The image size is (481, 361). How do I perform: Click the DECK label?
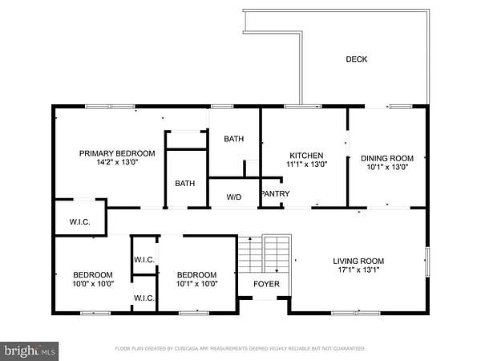pyautogui.click(x=357, y=59)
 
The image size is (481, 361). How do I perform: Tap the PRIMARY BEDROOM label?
pyautogui.click(x=117, y=153)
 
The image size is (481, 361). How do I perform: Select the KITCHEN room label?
pyautogui.click(x=306, y=156)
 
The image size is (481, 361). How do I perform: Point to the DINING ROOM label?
pyautogui.click(x=387, y=158)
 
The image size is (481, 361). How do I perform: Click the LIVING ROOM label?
pyautogui.click(x=358, y=262)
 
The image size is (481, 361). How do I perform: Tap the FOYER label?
pyautogui.click(x=267, y=284)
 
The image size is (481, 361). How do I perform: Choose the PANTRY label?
pyautogui.click(x=276, y=193)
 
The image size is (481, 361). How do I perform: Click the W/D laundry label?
pyautogui.click(x=234, y=197)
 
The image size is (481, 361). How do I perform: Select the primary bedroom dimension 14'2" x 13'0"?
pyautogui.click(x=117, y=162)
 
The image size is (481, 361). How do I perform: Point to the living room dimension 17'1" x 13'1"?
pyautogui.click(x=358, y=270)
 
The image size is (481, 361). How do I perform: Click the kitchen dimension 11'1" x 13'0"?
pyautogui.click(x=307, y=164)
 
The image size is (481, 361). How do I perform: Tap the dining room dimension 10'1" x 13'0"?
pyautogui.click(x=387, y=167)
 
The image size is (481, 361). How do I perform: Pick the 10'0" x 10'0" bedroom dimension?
pyautogui.click(x=93, y=284)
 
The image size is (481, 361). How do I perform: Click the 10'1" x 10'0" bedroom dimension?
pyautogui.click(x=197, y=284)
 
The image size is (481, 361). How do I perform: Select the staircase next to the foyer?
pyautogui.click(x=265, y=254)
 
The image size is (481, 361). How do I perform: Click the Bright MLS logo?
pyautogui.click(x=30, y=351)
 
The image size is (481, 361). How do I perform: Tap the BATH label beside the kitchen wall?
pyautogui.click(x=234, y=139)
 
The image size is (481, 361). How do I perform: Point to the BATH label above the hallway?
pyautogui.click(x=185, y=184)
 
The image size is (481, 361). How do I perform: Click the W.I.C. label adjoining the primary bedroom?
pyautogui.click(x=79, y=222)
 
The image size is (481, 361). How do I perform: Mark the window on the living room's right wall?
pyautogui.click(x=427, y=262)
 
